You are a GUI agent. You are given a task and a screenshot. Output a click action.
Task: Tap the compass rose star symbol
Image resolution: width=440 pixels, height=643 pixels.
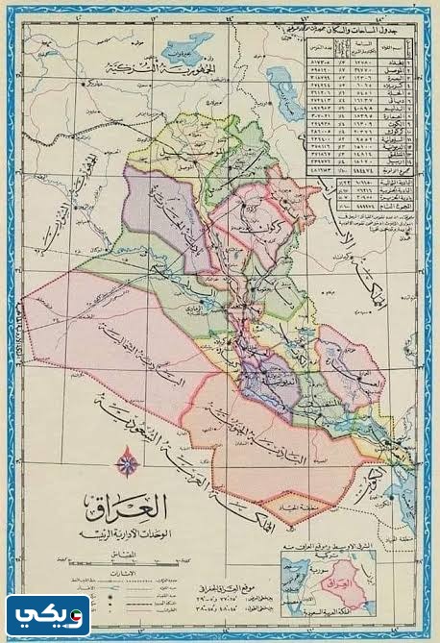(x=124, y=464)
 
